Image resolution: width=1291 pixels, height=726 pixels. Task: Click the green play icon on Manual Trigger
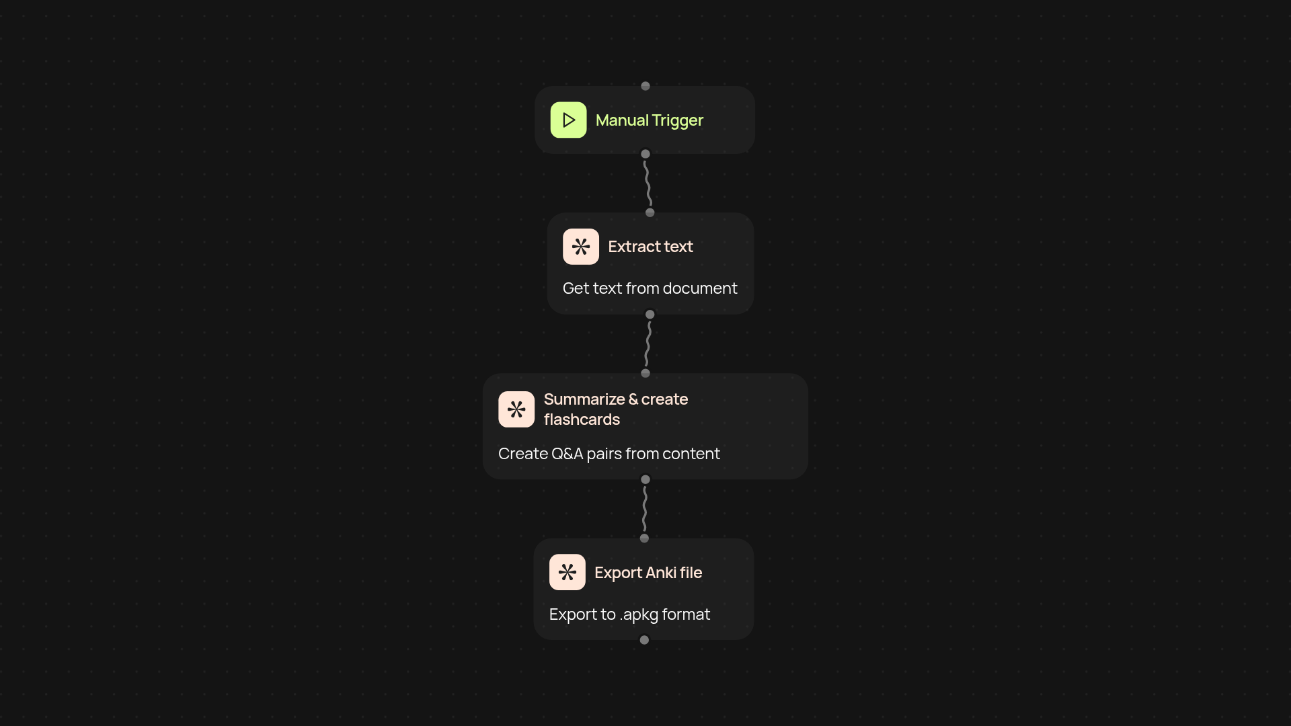point(568,120)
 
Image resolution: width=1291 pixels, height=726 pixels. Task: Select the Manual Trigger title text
point(649,120)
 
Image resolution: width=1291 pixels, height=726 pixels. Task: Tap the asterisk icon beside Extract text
point(580,247)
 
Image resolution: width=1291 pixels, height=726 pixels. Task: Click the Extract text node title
point(650,247)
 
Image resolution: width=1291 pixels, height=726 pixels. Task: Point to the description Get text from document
point(650,288)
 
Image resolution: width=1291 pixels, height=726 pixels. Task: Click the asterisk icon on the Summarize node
point(516,409)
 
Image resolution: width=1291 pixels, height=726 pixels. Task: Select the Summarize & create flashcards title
point(615,409)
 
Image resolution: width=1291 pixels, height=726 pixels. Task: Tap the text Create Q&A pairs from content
point(609,454)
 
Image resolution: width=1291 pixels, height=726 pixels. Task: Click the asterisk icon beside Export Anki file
point(567,572)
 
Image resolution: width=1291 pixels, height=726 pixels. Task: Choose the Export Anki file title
point(648,573)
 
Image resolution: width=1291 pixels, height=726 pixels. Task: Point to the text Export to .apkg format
point(629,614)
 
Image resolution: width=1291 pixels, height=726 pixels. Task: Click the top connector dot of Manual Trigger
point(645,86)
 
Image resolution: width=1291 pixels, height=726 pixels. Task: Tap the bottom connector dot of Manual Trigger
point(645,154)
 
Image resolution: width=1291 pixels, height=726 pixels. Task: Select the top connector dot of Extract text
point(650,213)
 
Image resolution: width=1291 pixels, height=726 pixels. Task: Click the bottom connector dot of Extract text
point(650,315)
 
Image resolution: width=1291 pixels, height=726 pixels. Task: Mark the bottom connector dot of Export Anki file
point(644,640)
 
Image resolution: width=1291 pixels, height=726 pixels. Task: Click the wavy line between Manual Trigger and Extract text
point(648,184)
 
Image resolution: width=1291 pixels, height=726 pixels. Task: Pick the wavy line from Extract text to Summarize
point(648,344)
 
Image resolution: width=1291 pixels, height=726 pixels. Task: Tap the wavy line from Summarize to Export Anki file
point(645,509)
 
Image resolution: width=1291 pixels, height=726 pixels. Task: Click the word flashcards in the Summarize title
point(582,419)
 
